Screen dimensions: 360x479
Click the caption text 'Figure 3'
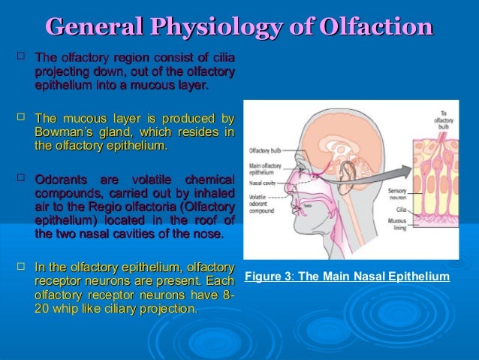click(269, 277)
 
